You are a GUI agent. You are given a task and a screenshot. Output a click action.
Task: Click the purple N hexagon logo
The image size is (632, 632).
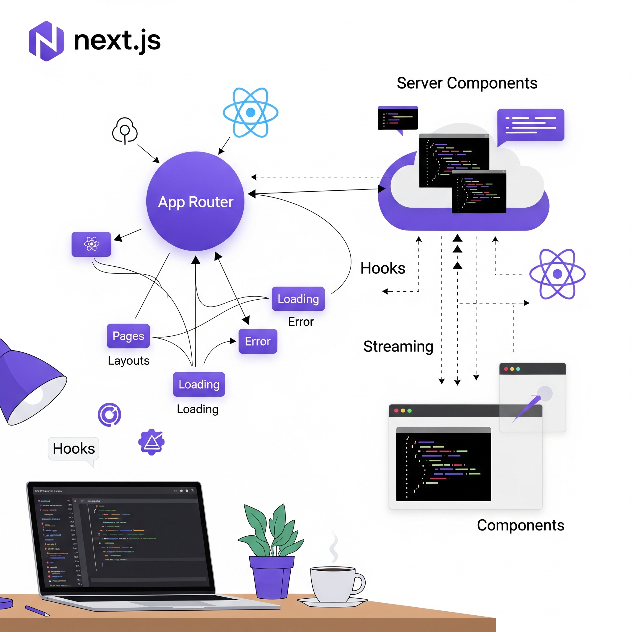click(46, 41)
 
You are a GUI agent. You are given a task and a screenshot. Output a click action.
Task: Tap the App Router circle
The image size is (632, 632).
click(195, 202)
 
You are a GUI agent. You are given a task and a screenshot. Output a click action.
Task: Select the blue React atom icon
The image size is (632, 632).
click(250, 112)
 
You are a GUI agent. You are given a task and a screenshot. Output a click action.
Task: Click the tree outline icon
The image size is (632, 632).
click(125, 130)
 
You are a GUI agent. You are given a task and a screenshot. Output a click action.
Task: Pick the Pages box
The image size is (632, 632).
click(128, 336)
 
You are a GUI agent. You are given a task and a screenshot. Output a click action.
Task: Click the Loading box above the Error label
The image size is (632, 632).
click(298, 299)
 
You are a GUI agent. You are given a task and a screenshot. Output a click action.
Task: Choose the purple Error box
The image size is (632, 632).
click(258, 341)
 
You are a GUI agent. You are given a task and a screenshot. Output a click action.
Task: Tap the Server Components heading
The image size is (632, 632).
click(467, 83)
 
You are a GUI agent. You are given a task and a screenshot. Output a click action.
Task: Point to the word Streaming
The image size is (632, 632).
click(398, 346)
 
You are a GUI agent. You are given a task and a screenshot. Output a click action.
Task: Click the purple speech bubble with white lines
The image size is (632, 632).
click(530, 125)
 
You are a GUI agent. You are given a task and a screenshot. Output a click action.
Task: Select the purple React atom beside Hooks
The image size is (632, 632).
click(557, 274)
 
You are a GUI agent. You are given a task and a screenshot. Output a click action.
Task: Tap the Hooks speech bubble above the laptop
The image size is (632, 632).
click(74, 448)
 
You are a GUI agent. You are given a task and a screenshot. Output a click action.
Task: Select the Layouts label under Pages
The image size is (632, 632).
click(129, 360)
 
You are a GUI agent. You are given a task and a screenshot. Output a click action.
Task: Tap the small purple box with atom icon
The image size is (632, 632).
click(91, 244)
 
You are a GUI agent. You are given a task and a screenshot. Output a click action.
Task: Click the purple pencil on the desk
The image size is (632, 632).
click(37, 610)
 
